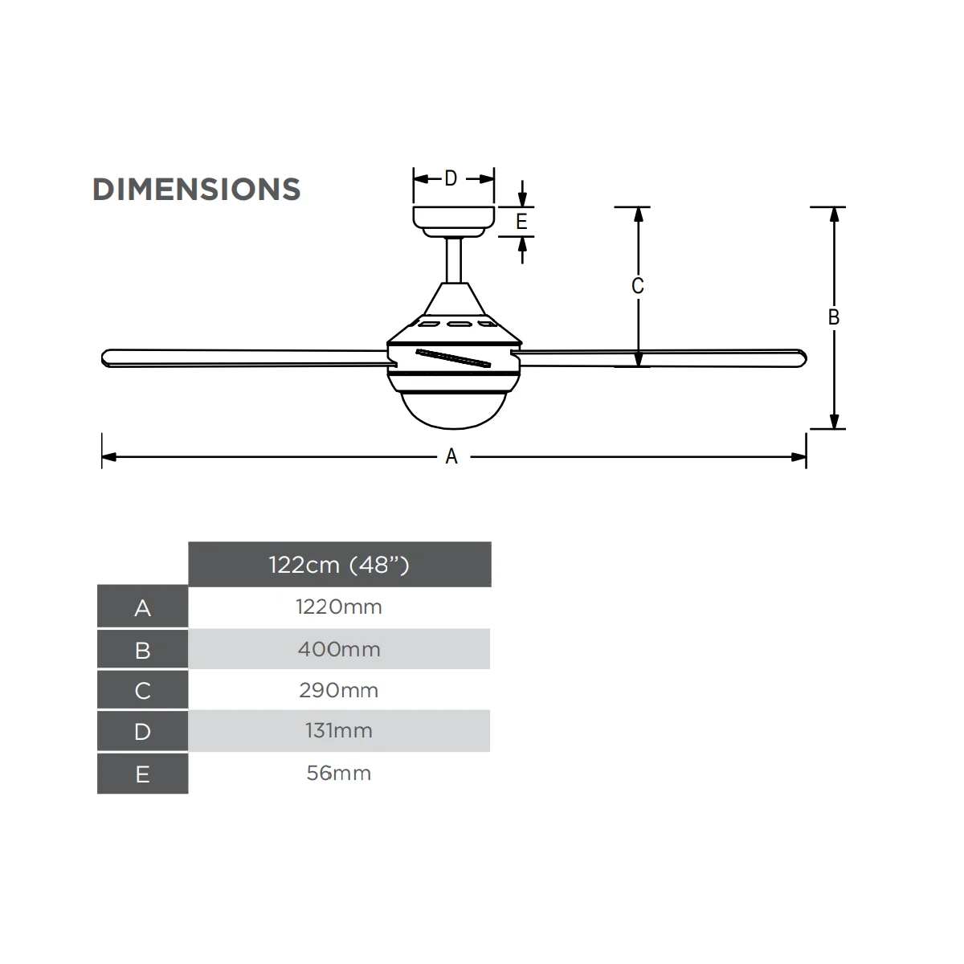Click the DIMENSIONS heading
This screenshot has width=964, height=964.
[x=197, y=189]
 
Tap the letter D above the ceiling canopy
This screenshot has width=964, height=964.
[x=451, y=178]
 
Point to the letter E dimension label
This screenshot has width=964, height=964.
[x=521, y=222]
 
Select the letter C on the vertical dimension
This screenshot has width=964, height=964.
[x=637, y=286]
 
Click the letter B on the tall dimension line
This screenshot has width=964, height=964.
[x=833, y=317]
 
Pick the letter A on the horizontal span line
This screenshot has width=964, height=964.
[x=451, y=456]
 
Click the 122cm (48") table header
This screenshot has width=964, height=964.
[x=339, y=565]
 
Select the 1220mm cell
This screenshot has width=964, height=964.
[x=339, y=607]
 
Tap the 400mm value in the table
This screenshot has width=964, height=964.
[x=339, y=649]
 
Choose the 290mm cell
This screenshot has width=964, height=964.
[x=339, y=690]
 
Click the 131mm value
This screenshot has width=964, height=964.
[x=339, y=731]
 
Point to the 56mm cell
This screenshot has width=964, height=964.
[x=339, y=774]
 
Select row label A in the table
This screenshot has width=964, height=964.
[x=142, y=608]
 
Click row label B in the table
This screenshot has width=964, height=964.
[x=142, y=651]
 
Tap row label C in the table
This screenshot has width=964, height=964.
[x=142, y=691]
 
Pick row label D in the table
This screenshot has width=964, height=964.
[x=142, y=732]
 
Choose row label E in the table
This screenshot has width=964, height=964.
[x=142, y=774]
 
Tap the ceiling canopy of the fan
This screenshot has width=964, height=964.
[x=454, y=222]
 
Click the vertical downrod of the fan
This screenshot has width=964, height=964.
[x=454, y=260]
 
